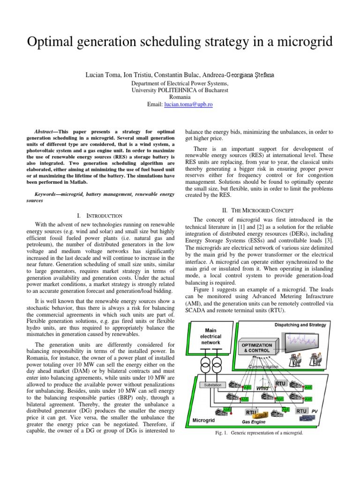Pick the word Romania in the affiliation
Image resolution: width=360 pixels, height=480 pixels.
tap(180, 97)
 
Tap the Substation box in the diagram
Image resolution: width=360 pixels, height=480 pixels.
tap(215, 385)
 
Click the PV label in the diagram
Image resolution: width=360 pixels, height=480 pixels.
tap(315, 411)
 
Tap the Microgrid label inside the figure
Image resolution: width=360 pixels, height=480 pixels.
tap(204, 420)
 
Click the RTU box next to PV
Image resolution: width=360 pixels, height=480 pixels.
tap(302, 411)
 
